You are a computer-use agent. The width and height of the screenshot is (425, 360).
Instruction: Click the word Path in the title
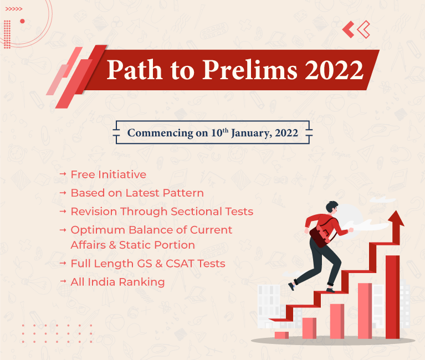click(135, 69)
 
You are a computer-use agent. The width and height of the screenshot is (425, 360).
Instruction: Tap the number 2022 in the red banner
click(334, 70)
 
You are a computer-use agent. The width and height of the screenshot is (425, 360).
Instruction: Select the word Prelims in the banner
click(250, 69)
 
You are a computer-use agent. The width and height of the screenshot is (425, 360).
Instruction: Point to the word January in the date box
click(251, 133)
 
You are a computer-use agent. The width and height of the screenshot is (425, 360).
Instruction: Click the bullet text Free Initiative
click(109, 174)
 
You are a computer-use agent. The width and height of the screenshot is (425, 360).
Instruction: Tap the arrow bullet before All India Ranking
click(63, 281)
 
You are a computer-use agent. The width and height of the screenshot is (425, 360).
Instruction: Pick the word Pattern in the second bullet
click(183, 193)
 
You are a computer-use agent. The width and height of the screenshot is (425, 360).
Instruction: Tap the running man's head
click(332, 207)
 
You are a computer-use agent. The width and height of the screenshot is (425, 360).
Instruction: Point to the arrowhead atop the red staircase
click(396, 218)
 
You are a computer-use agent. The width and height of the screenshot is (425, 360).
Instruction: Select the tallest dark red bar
click(392, 297)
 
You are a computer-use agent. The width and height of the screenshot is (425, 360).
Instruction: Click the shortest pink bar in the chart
click(281, 335)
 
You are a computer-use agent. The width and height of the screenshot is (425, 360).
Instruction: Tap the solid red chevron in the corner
click(349, 29)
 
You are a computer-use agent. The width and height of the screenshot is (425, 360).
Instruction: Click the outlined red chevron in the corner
click(363, 29)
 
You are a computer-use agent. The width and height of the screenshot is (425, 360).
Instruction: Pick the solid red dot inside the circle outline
click(22, 21)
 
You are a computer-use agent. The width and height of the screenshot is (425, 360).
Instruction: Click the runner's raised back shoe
click(291, 286)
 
